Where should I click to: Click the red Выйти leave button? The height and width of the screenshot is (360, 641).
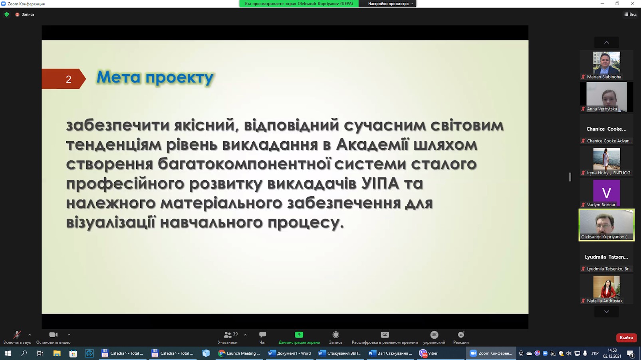click(626, 338)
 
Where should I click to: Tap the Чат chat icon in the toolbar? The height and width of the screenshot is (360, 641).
click(262, 334)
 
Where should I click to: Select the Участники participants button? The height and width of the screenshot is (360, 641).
click(228, 338)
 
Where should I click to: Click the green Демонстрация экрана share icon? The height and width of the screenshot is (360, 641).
click(299, 334)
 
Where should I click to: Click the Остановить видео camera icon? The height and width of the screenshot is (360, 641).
click(53, 334)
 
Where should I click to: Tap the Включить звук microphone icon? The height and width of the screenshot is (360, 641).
click(17, 334)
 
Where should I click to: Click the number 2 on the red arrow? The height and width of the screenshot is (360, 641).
click(68, 79)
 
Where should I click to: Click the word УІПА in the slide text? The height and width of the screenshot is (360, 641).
click(380, 183)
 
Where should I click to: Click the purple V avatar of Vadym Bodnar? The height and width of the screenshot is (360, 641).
click(606, 193)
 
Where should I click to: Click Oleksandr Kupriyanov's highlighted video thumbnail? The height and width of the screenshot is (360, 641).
click(606, 225)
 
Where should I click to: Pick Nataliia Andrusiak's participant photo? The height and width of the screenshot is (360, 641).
click(606, 287)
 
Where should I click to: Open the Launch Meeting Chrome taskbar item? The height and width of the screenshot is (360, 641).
click(239, 354)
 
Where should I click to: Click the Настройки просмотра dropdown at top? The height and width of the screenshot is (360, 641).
click(390, 4)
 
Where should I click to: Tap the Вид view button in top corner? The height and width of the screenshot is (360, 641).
click(630, 14)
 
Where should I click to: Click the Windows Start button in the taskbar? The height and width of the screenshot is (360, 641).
click(8, 354)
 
